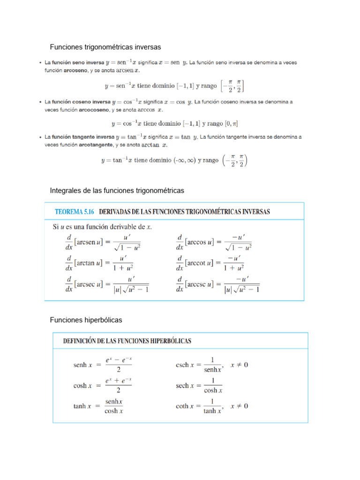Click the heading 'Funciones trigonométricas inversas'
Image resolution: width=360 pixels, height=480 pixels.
(x=105, y=47)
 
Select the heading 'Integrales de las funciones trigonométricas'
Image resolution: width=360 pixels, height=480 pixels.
(x=117, y=191)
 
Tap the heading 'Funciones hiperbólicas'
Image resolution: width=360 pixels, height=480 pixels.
(x=86, y=320)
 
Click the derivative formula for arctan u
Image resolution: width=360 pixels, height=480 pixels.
(x=99, y=263)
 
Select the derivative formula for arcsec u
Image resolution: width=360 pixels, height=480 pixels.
(x=106, y=285)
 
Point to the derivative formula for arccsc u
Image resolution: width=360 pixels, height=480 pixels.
(x=217, y=285)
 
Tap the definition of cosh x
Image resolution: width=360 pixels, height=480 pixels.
(x=103, y=386)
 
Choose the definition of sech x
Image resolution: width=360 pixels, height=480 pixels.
(x=199, y=386)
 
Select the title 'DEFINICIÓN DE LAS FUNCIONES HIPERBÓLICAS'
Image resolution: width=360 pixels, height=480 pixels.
(x=127, y=341)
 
